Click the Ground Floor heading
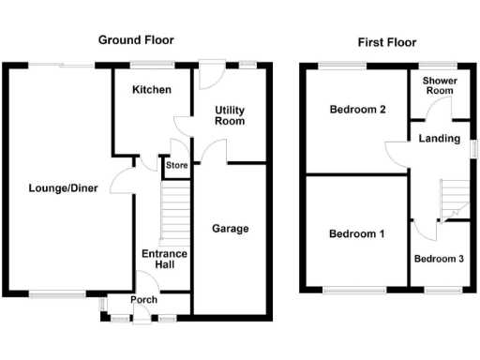136,40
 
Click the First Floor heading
387,42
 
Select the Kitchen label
151,90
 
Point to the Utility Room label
229,115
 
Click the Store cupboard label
176,166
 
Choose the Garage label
230,229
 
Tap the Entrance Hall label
164,260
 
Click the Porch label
143,301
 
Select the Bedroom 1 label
355,233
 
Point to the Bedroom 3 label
440,259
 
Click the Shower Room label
438,87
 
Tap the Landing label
439,140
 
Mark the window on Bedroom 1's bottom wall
354,291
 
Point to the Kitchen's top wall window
152,65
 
